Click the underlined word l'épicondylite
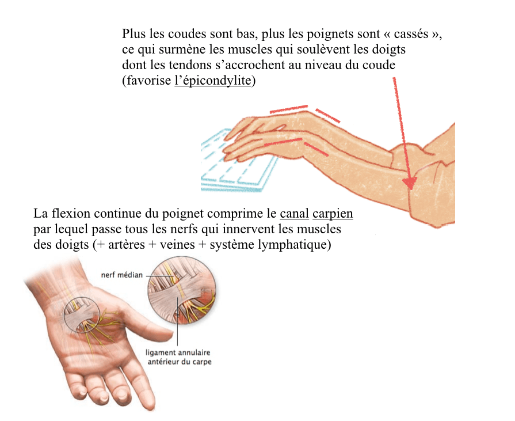pyautogui.click(x=213, y=81)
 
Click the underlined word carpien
pyautogui.click(x=333, y=214)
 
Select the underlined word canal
pyautogui.click(x=294, y=214)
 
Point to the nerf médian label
pyautogui.click(x=122, y=275)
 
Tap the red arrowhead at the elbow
pyautogui.click(x=410, y=183)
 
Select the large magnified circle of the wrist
pyautogui.click(x=182, y=290)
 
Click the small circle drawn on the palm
pyautogui.click(x=82, y=314)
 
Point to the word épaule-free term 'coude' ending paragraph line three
pyautogui.click(x=379, y=65)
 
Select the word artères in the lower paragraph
pyautogui.click(x=127, y=245)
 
